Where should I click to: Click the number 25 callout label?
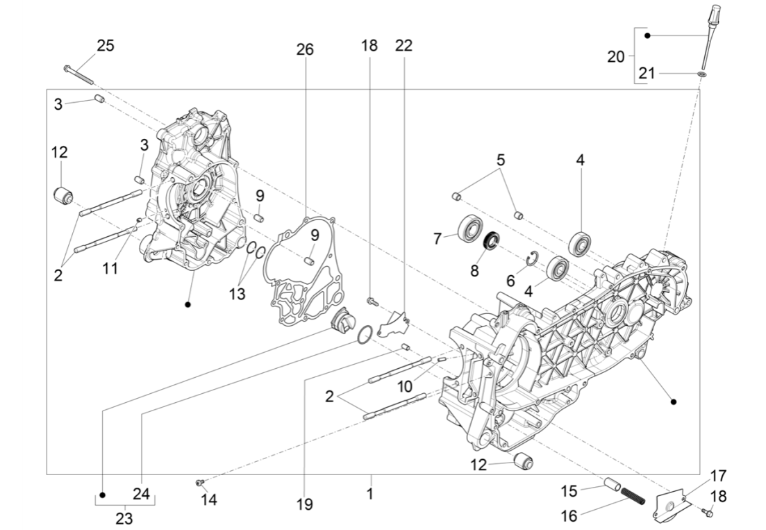[106, 46]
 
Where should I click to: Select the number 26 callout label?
[305, 49]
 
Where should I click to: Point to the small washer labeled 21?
[702, 73]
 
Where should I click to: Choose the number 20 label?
[616, 57]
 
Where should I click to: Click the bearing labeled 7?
[470, 229]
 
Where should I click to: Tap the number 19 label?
[304, 505]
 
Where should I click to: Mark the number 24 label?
[142, 495]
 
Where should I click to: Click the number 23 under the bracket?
[124, 518]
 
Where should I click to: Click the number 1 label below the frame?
[370, 495]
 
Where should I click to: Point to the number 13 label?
[238, 294]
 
